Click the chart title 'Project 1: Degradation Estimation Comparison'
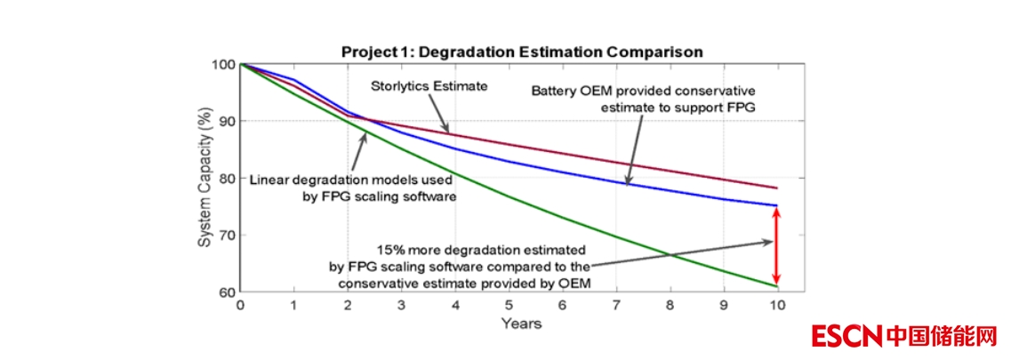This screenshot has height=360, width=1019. (x=522, y=52)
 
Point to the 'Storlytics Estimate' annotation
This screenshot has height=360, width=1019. (x=429, y=86)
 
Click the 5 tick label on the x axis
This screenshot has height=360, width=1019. (x=509, y=305)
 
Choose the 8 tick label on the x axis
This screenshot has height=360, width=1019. (x=670, y=305)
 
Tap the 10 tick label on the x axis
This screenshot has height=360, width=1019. (x=777, y=305)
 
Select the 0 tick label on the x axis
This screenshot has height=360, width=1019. (x=240, y=305)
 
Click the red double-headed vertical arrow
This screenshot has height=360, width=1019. (x=776, y=246)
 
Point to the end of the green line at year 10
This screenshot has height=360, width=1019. (x=777, y=286)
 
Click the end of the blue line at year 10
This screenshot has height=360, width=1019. (x=777, y=205)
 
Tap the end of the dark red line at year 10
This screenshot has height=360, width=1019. (x=777, y=188)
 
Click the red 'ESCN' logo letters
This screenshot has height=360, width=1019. (x=846, y=335)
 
